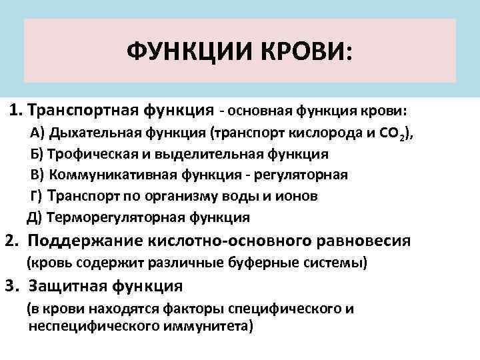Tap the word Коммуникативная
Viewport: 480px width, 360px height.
107,175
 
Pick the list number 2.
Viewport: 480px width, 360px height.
10,241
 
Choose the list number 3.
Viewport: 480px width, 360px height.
10,286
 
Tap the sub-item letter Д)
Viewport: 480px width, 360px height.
34,217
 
